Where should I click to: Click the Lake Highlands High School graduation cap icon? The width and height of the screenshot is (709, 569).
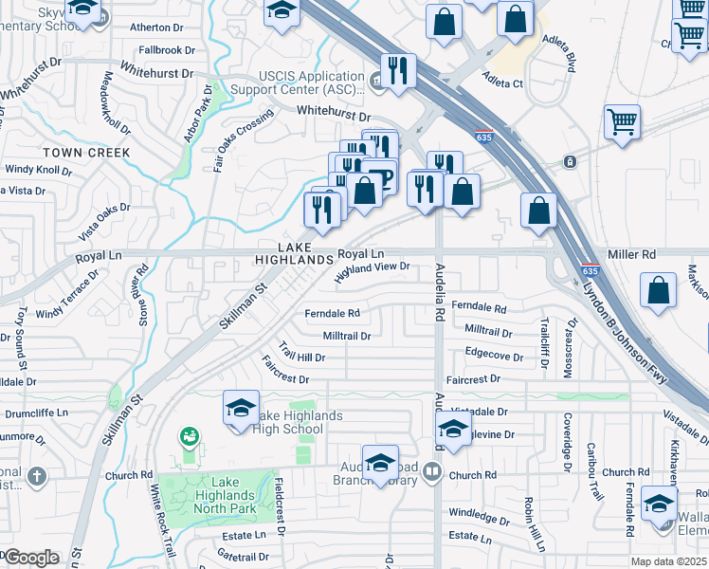point(241,408)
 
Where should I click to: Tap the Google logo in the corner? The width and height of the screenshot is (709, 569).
point(31,558)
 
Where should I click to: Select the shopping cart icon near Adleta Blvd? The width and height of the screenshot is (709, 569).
point(622,120)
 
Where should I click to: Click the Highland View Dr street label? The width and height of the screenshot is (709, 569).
point(373,272)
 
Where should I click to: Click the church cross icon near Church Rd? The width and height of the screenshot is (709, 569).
point(36,476)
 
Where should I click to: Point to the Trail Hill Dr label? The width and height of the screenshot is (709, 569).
point(301,352)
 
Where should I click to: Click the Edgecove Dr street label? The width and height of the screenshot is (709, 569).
point(494,356)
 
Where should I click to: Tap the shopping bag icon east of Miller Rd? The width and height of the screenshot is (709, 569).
point(657,291)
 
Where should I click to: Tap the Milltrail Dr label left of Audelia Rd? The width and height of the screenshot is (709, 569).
point(346,336)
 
